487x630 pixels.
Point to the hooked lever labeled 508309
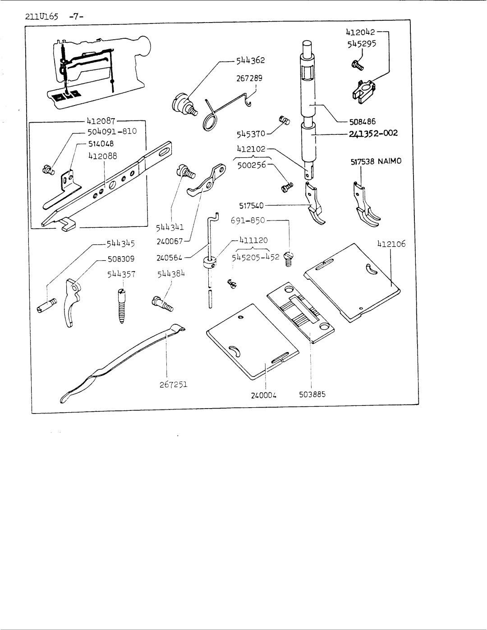tap(72, 302)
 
